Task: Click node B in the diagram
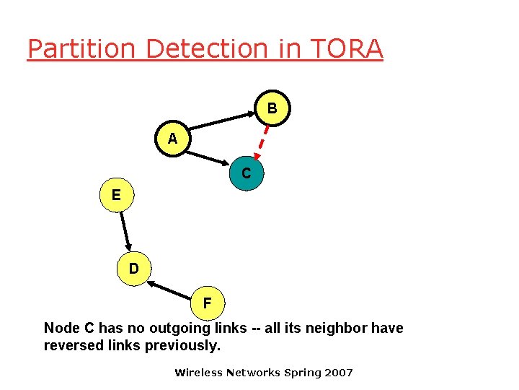click(272, 108)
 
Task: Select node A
click(172, 139)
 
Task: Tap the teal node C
click(246, 173)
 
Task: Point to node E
click(116, 195)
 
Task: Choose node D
click(134, 269)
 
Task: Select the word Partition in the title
click(81, 48)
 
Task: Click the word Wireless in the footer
click(199, 373)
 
